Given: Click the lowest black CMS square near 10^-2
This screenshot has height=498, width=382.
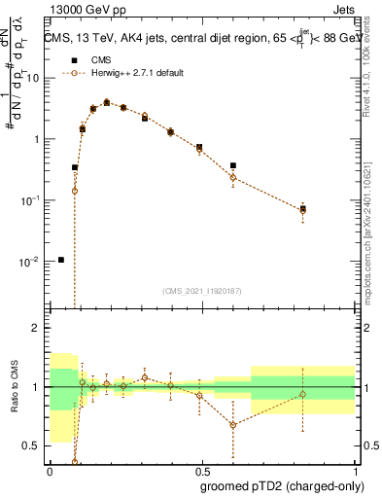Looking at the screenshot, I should coord(61,260).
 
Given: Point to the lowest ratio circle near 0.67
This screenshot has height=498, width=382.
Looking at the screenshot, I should coord(233,425).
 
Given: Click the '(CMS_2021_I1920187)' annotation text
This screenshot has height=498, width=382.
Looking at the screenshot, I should coord(201,291).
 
